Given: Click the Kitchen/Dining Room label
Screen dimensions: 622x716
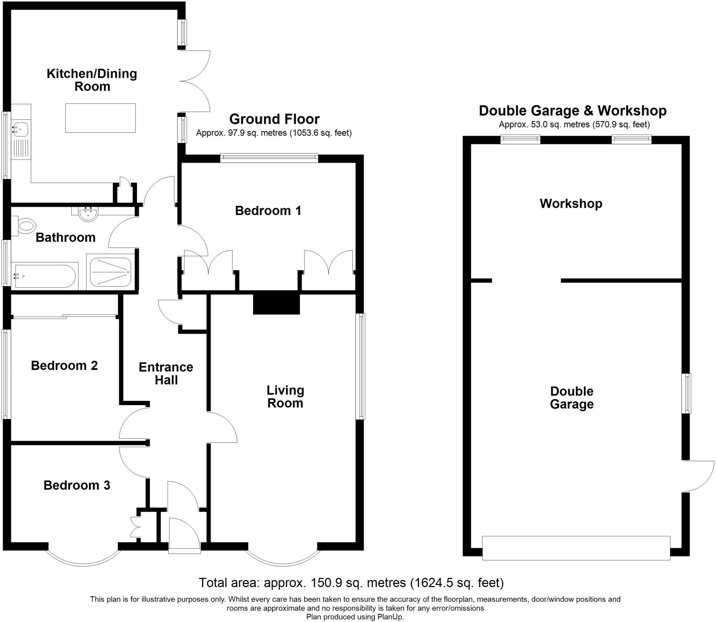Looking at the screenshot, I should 92,80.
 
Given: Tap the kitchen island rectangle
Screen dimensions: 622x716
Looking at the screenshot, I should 100,118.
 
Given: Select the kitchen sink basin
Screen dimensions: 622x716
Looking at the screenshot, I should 20,129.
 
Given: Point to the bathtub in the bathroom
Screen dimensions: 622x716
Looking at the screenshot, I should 44,276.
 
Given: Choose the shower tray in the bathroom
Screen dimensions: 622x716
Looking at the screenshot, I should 110,272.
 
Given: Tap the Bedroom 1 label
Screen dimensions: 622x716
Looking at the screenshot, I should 268,211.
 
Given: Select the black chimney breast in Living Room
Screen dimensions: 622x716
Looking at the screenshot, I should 276,304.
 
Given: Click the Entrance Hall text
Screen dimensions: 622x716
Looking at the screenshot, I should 166,373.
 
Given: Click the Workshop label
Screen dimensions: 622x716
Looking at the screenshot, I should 571,203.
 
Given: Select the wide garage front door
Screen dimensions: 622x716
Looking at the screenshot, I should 576,548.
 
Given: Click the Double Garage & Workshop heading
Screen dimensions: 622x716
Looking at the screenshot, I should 572,111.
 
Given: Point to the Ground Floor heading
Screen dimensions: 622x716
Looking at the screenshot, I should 274,119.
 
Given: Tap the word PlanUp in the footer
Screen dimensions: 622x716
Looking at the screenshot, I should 390,617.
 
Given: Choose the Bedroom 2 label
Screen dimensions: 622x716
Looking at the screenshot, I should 64,366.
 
